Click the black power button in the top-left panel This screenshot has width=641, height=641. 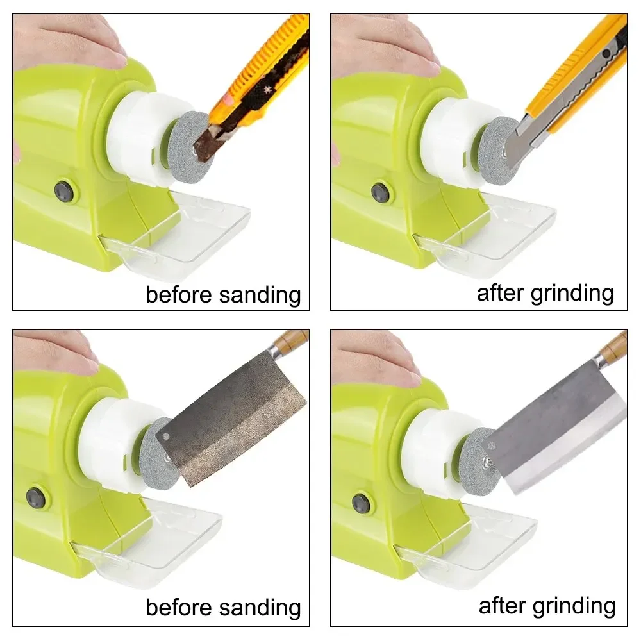point(63,190)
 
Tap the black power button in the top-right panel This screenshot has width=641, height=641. point(380,191)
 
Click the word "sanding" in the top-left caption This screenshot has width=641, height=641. point(260,295)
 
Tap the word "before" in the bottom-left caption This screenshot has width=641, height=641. point(179,607)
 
